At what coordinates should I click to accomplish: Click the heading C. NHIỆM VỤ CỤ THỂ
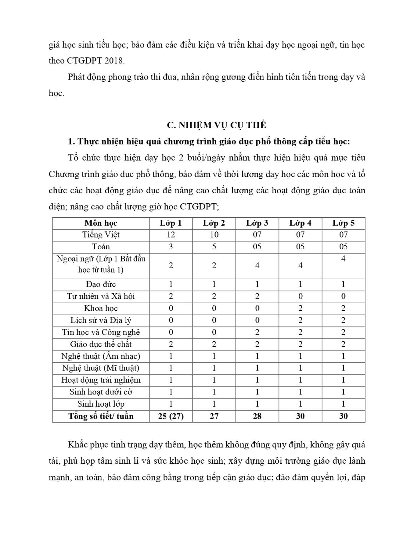[x=217, y=125]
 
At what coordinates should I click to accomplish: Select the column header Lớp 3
[x=257, y=223]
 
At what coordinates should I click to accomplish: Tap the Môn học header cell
[x=101, y=223]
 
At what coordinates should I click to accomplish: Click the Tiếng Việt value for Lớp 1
[x=171, y=235]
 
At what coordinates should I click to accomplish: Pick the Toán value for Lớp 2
[x=214, y=247]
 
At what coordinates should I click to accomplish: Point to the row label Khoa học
[x=101, y=309]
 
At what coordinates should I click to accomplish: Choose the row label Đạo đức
[x=101, y=284]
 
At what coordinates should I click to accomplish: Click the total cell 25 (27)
[x=171, y=416]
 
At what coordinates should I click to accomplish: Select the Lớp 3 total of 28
[x=257, y=416]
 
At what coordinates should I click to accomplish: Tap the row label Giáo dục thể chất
[x=101, y=344]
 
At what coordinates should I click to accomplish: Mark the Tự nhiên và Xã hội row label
[x=101, y=296]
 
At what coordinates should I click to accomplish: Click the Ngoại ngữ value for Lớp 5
[x=343, y=259]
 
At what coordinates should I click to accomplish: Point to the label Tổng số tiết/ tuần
[x=101, y=416]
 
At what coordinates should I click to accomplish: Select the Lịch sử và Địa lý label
[x=101, y=320]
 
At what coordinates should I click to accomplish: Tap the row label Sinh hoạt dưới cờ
[x=101, y=392]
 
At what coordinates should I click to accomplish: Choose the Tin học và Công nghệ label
[x=101, y=332]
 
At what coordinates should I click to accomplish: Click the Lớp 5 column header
[x=343, y=223]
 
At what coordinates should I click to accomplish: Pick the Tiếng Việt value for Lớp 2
[x=214, y=235]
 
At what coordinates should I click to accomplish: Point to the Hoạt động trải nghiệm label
[x=101, y=380]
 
